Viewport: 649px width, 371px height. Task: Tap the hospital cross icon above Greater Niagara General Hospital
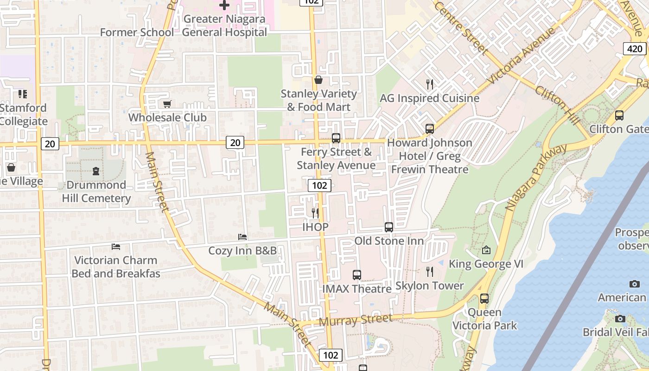click(x=224, y=6)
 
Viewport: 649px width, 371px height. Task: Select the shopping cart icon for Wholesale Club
click(x=167, y=104)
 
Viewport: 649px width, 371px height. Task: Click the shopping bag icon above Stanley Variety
click(x=318, y=80)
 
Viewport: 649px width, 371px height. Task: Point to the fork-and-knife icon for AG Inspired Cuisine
click(x=430, y=84)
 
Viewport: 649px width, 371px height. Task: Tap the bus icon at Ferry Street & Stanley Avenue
click(x=336, y=138)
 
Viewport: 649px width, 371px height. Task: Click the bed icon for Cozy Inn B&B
click(x=242, y=237)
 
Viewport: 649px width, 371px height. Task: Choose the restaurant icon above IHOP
click(x=315, y=213)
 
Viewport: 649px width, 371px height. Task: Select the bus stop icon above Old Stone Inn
click(x=389, y=227)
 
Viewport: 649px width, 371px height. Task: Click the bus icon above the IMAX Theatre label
click(x=356, y=275)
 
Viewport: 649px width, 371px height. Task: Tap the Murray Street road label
click(x=356, y=320)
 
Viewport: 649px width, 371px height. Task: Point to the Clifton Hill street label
click(x=557, y=104)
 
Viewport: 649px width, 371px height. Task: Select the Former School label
click(x=137, y=32)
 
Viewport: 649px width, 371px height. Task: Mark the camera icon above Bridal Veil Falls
click(x=620, y=319)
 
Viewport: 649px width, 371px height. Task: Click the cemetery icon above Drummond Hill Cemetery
click(x=96, y=171)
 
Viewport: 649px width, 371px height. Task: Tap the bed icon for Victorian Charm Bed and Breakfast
click(x=116, y=247)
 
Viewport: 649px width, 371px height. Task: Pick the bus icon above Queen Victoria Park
click(x=484, y=299)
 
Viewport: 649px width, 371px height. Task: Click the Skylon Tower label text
click(x=429, y=286)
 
